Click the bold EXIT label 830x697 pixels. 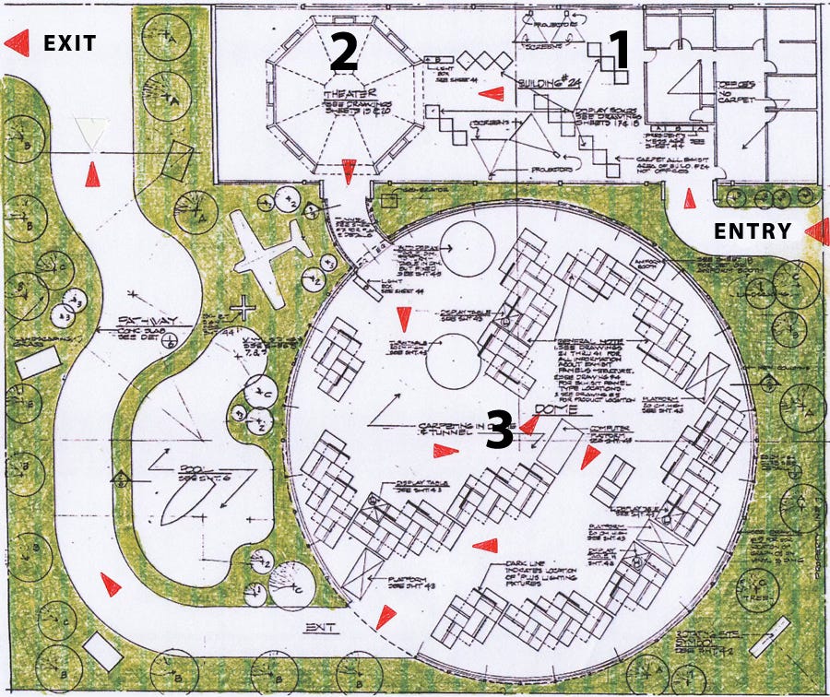(x=70, y=42)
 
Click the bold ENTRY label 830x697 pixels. (x=753, y=231)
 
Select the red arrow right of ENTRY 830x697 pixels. (x=816, y=232)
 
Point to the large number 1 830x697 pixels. (x=616, y=51)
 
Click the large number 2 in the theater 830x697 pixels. (x=343, y=53)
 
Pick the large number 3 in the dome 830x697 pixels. (x=499, y=431)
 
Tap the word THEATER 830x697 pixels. (x=344, y=95)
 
